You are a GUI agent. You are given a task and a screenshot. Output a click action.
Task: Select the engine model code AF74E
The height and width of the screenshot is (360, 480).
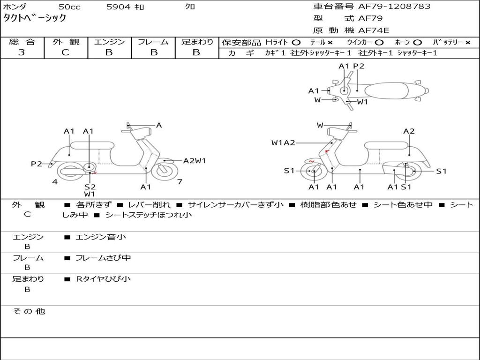click(x=374, y=31)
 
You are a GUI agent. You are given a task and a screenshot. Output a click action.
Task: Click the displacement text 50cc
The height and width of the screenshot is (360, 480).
click(x=69, y=7)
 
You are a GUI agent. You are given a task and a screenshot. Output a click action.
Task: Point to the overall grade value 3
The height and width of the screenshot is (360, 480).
click(x=22, y=52)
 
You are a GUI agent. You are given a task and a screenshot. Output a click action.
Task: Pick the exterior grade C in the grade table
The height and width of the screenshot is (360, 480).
click(x=65, y=52)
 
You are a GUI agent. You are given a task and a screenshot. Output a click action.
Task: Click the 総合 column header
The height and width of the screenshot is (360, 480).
click(x=22, y=42)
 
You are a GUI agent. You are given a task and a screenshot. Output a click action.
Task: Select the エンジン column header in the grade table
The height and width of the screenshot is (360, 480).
click(x=109, y=42)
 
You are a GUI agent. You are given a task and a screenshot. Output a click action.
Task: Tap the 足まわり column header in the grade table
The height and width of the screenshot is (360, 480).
click(x=197, y=42)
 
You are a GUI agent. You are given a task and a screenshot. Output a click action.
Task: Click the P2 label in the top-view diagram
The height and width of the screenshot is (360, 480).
click(x=359, y=66)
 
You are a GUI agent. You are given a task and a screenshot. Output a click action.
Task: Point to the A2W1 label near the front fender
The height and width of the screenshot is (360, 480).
click(x=195, y=161)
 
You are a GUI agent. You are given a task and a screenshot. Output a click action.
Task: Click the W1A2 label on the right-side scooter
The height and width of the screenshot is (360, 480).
click(x=283, y=143)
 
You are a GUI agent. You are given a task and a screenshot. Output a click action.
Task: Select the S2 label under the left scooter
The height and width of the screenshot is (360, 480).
click(x=90, y=187)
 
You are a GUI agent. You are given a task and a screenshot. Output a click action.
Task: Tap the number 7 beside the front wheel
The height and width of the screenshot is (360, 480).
click(x=180, y=182)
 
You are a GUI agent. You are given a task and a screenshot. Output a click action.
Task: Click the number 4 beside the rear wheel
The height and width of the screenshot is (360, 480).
click(x=55, y=182)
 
